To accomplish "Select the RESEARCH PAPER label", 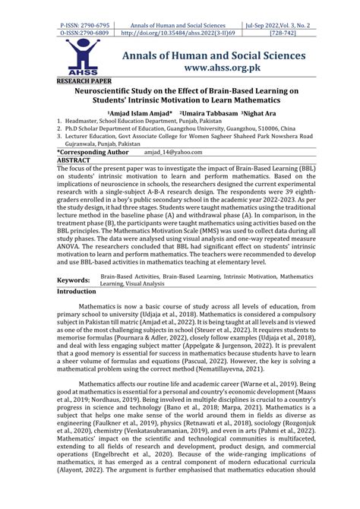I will pos(84,80).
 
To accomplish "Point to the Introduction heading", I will pos(82,270).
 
